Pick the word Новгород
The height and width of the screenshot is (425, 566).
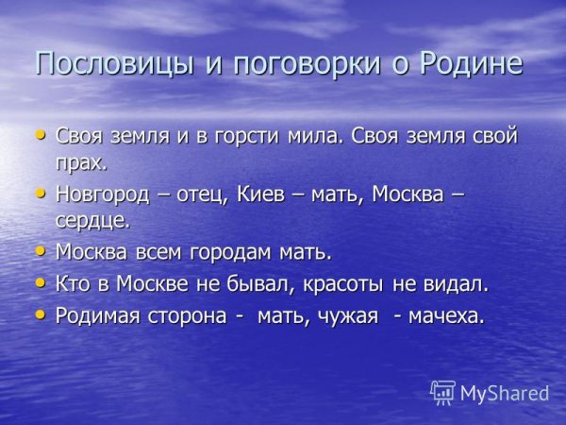click(101, 195)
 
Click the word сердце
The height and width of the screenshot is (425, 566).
click(92, 221)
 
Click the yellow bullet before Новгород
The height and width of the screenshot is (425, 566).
click(40, 193)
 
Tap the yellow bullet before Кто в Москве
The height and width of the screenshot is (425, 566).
click(40, 281)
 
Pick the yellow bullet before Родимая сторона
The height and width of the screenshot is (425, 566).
click(40, 313)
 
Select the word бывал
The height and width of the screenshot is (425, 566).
click(259, 284)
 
